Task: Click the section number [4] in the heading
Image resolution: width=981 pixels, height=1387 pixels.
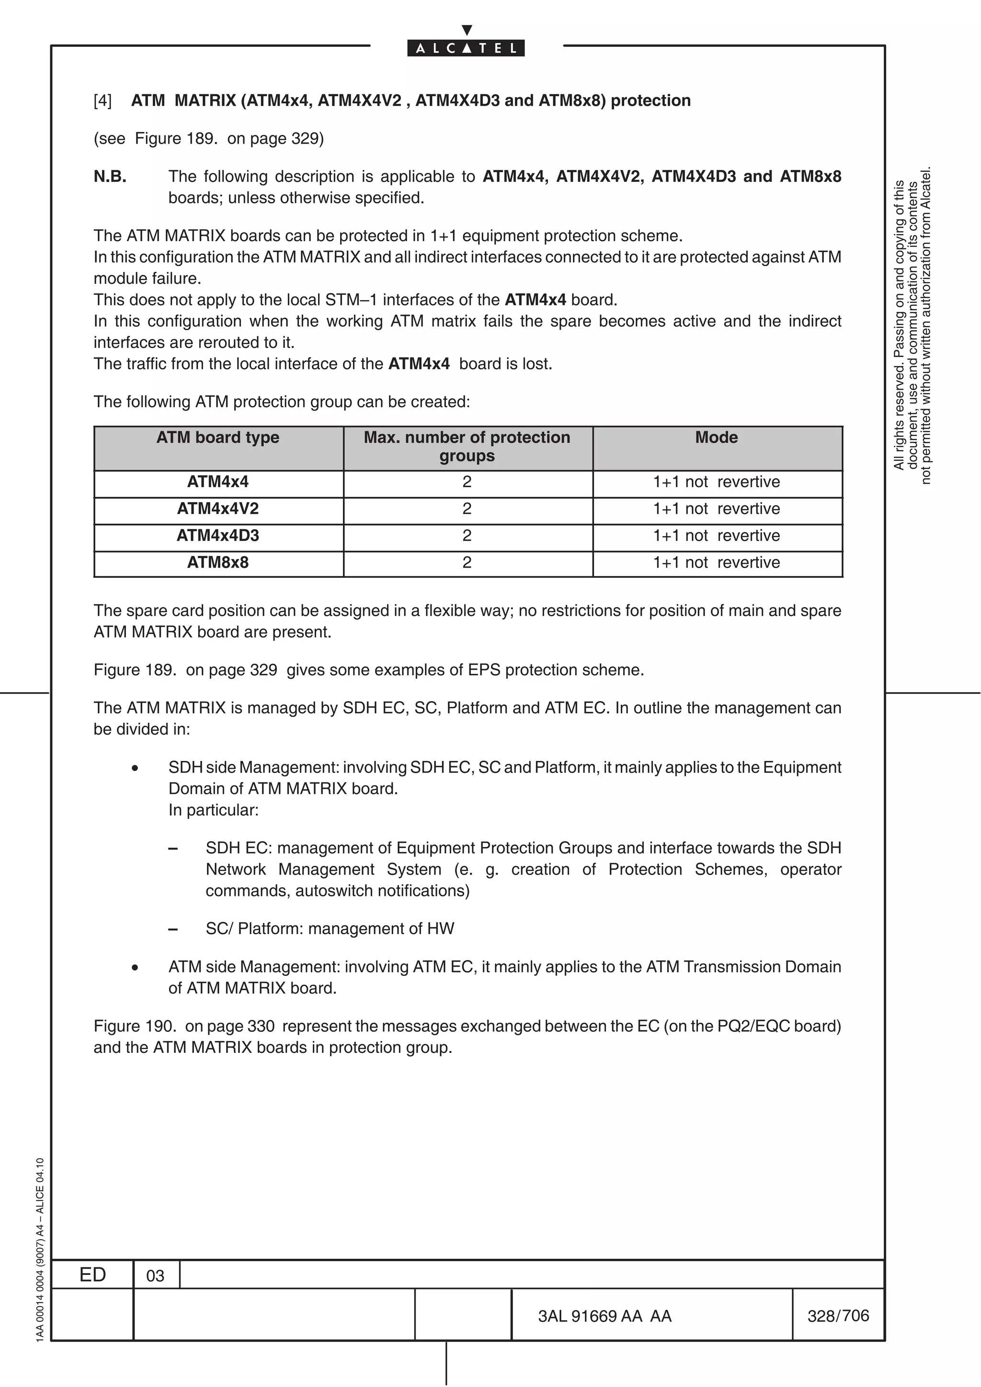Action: point(103,101)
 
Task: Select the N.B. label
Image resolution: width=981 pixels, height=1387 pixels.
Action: point(110,177)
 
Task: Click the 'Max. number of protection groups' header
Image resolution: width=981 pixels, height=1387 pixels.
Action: point(467,447)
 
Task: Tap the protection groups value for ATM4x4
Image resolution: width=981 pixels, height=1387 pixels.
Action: point(467,482)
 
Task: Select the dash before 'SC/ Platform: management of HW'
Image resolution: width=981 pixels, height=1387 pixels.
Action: point(173,929)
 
